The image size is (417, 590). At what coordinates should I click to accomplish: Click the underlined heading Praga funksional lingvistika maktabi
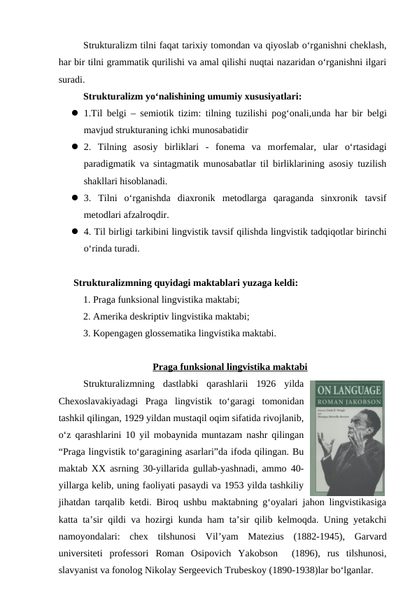coord(229,366)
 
